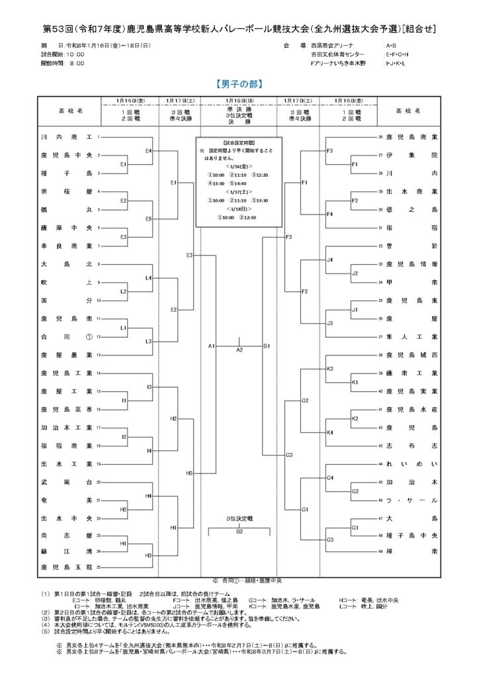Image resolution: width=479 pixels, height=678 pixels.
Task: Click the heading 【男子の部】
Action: (239, 84)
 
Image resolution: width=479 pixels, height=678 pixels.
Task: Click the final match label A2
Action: (239, 350)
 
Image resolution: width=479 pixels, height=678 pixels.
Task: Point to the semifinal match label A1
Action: (212, 346)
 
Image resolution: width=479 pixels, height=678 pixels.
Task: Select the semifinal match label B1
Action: (267, 346)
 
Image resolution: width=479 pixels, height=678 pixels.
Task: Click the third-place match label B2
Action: (239, 530)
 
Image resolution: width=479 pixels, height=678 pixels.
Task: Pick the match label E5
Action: (149, 219)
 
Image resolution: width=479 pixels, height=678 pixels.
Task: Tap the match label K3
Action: (330, 368)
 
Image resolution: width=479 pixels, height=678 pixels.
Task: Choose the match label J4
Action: (330, 260)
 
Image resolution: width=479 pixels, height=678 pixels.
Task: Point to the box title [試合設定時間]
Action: (239, 142)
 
